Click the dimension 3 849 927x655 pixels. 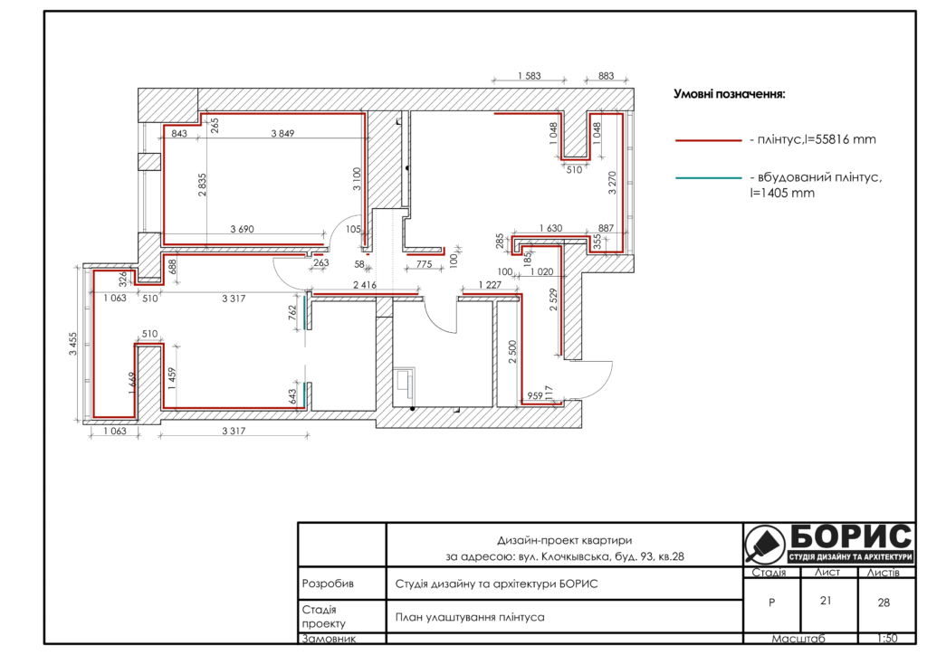click(x=282, y=134)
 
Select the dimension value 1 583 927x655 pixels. click(x=529, y=76)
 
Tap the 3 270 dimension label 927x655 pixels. click(x=613, y=183)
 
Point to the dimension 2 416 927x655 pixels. click(x=365, y=285)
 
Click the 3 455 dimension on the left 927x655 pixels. click(x=72, y=344)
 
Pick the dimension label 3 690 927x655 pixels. click(x=242, y=229)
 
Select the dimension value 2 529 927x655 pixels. click(x=553, y=299)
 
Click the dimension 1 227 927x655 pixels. click(x=490, y=285)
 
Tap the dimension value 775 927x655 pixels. click(x=424, y=264)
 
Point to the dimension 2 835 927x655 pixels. click(x=202, y=185)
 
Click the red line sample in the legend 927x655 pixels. click(x=708, y=140)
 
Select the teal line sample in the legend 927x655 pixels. click(x=708, y=177)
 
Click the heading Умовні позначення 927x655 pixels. click(x=730, y=94)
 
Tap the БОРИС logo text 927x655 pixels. click(x=851, y=536)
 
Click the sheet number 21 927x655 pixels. click(x=826, y=601)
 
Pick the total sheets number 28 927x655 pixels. click(x=884, y=603)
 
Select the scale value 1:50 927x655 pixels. click(x=887, y=639)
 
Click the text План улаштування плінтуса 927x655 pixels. click(x=470, y=617)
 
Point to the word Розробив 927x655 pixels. click(x=328, y=584)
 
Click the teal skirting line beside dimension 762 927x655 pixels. click(x=305, y=312)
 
